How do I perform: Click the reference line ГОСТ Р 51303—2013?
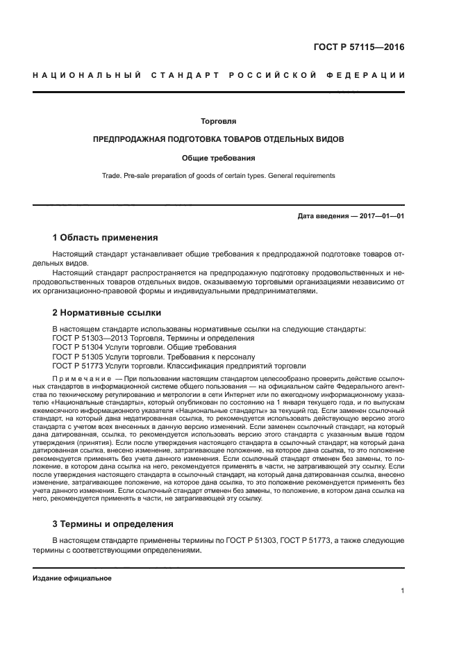coord(153,338)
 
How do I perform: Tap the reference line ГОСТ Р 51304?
coord(144,347)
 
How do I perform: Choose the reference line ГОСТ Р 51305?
coord(149,357)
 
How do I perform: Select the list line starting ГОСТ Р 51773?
coord(178,366)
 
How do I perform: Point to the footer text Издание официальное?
coord(72,578)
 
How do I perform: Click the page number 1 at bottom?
coord(403,591)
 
